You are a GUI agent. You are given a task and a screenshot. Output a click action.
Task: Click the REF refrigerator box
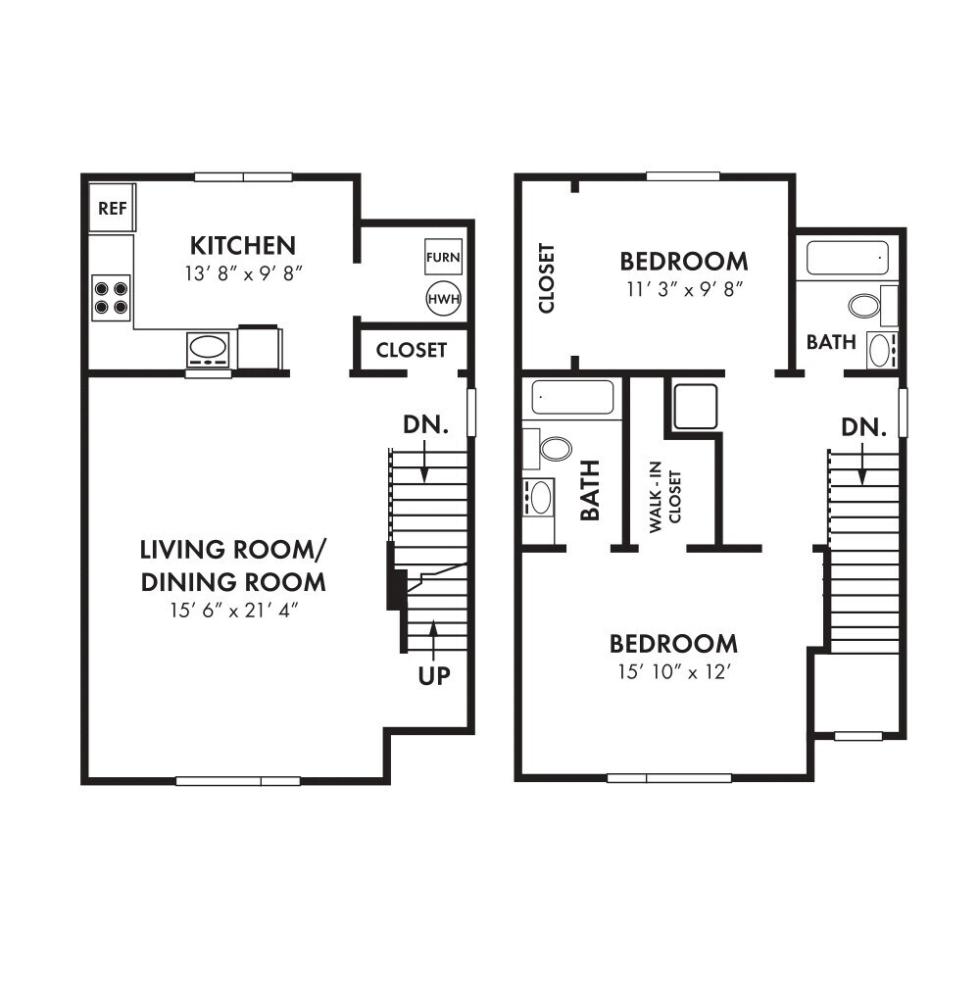tap(112, 208)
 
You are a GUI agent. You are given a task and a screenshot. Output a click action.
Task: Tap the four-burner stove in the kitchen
tap(111, 297)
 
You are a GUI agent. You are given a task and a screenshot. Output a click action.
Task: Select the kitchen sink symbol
tap(208, 347)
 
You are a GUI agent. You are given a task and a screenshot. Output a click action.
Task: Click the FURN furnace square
tap(443, 258)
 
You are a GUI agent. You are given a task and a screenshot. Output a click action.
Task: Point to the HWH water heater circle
tap(443, 299)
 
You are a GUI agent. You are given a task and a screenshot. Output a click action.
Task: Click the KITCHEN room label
tap(243, 245)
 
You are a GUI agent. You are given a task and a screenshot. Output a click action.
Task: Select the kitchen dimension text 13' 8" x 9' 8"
tap(243, 273)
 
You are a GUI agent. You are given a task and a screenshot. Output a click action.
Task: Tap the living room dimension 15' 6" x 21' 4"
tap(233, 611)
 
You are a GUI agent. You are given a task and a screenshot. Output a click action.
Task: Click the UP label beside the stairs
tap(434, 676)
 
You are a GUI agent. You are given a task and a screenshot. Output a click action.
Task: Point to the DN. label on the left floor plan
tap(425, 425)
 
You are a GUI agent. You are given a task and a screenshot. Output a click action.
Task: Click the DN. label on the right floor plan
tap(863, 427)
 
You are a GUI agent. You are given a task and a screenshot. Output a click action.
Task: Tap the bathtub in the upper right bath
tap(848, 258)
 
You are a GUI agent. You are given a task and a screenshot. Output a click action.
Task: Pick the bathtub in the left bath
tap(573, 398)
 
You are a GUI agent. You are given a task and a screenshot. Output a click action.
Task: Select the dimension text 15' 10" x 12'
tap(673, 672)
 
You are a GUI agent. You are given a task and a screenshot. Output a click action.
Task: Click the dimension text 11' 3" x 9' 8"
tap(683, 290)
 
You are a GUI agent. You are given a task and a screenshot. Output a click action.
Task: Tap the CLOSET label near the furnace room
tap(412, 350)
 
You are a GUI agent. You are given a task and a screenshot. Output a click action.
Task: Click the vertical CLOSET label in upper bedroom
tap(547, 278)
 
